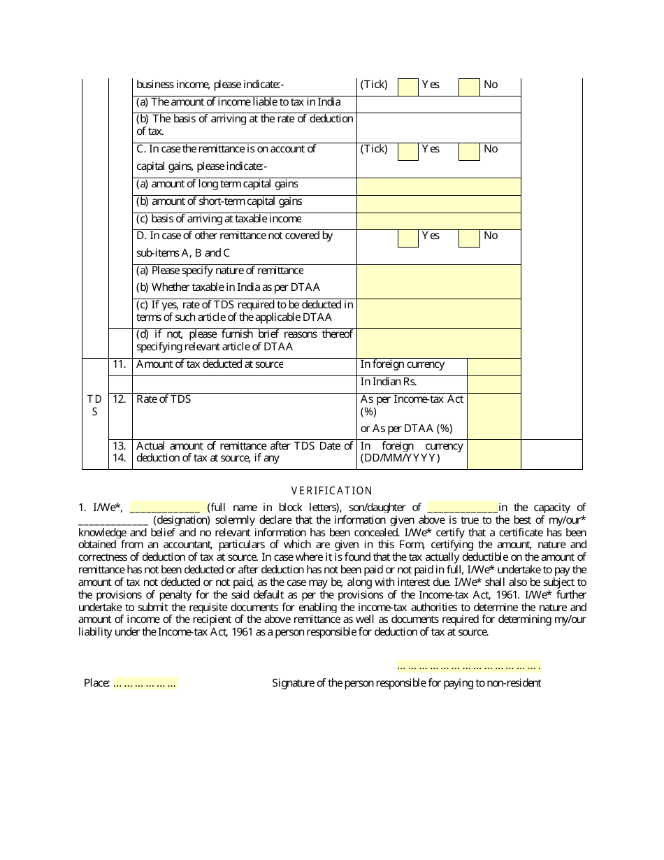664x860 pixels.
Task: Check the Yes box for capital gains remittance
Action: pyautogui.click(x=408, y=151)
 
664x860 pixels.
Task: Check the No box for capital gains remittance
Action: pyautogui.click(x=469, y=151)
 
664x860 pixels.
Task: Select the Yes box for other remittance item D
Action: pyautogui.click(x=408, y=238)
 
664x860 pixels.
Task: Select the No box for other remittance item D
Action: pyautogui.click(x=469, y=238)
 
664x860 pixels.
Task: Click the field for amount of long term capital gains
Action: pyautogui.click(x=438, y=186)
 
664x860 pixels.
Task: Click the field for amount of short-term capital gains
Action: pyautogui.click(x=438, y=203)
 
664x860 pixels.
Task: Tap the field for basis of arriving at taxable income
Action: pyautogui.click(x=438, y=221)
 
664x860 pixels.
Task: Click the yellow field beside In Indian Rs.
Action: pyautogui.click(x=493, y=384)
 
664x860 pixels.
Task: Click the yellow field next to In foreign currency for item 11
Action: pyautogui.click(x=493, y=366)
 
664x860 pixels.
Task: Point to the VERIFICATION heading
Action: pyautogui.click(x=332, y=491)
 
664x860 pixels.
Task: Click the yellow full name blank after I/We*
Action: pyautogui.click(x=165, y=508)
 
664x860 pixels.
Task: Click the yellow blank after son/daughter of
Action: pyautogui.click(x=462, y=508)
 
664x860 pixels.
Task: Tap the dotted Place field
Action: pyautogui.click(x=145, y=683)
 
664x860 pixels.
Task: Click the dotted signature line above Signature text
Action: pyautogui.click(x=468, y=666)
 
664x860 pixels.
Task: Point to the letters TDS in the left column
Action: pyautogui.click(x=94, y=405)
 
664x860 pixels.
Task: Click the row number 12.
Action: pyautogui.click(x=120, y=399)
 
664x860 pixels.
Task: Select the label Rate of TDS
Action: pyautogui.click(x=164, y=399)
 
